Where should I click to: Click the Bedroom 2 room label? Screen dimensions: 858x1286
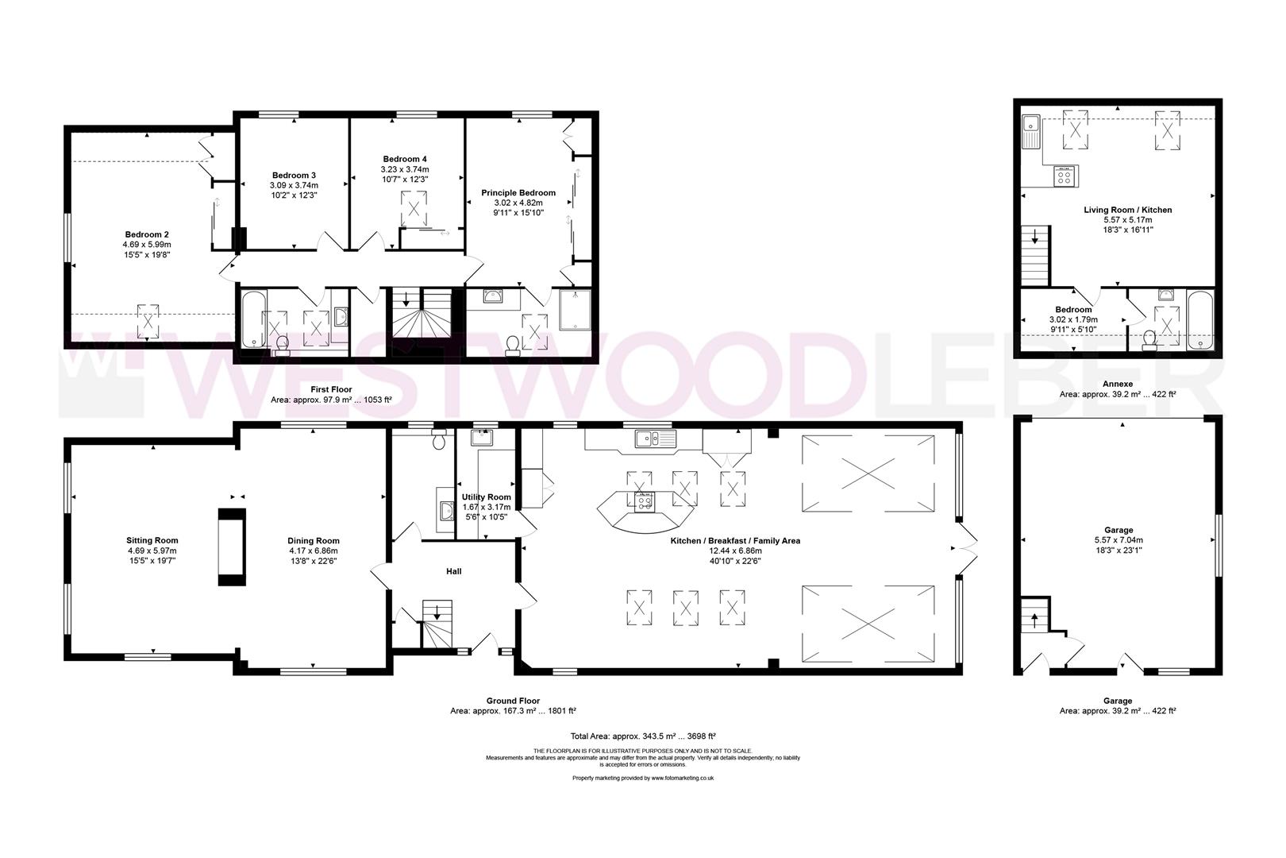(x=147, y=234)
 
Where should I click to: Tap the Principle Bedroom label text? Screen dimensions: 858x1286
(x=518, y=193)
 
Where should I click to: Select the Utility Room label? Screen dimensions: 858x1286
(x=486, y=497)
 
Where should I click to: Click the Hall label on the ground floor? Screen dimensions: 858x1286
(x=453, y=571)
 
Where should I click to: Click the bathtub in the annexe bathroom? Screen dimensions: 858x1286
(x=1199, y=320)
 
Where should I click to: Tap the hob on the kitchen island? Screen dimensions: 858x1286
(x=645, y=500)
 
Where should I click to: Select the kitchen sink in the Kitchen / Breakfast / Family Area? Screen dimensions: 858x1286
(x=654, y=439)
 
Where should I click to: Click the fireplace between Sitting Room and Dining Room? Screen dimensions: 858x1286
(x=232, y=549)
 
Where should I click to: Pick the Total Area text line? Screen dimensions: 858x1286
(x=643, y=736)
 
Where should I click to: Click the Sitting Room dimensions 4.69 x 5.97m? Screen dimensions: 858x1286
(x=152, y=551)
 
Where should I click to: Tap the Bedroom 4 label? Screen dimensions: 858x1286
(x=405, y=159)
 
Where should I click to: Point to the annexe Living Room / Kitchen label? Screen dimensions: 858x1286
(x=1117, y=211)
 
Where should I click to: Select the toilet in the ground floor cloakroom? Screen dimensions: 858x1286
(x=439, y=441)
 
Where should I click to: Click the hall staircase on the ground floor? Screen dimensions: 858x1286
(x=435, y=624)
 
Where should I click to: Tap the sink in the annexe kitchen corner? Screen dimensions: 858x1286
(x=1032, y=126)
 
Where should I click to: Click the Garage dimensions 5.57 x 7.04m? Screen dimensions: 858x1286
(x=1117, y=540)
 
